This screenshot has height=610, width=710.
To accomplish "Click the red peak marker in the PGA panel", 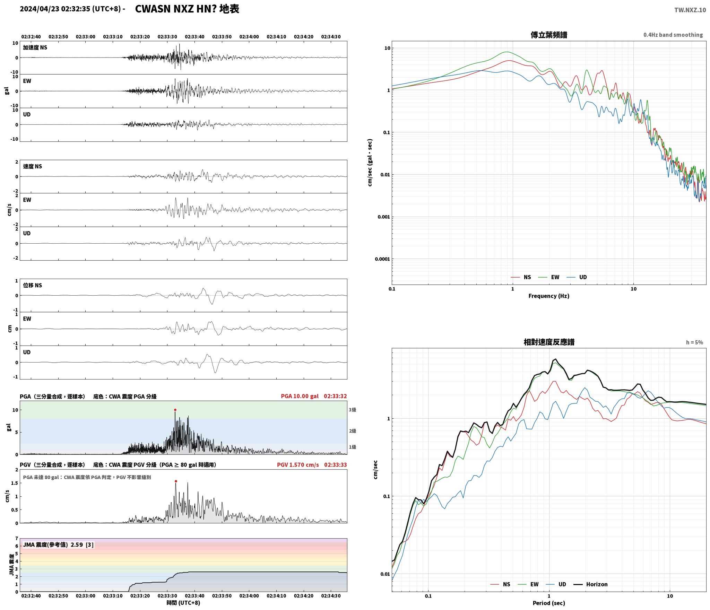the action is click(175, 410).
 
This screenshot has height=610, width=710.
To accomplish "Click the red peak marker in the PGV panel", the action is click(176, 481).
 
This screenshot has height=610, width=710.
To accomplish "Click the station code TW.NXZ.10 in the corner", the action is click(690, 10).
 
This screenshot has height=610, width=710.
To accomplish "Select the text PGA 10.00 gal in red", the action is click(300, 396).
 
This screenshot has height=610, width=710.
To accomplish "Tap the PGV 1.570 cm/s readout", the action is click(298, 465).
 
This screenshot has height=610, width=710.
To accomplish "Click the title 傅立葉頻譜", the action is click(549, 35).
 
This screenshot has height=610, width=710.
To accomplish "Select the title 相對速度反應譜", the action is click(549, 342).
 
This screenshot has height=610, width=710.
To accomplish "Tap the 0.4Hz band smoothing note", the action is click(673, 35).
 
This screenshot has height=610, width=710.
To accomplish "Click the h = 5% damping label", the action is click(694, 342).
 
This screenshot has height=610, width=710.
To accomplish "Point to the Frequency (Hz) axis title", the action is click(549, 296).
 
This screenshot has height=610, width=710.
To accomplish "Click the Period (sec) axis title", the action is click(549, 603).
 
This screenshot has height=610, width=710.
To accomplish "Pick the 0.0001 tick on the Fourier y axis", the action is click(382, 259).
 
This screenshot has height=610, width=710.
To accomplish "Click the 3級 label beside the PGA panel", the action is click(352, 410).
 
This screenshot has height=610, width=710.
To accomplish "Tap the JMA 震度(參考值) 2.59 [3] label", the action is click(58, 545).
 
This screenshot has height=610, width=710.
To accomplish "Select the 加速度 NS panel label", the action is click(35, 47).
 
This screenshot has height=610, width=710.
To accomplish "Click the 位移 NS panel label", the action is click(33, 285).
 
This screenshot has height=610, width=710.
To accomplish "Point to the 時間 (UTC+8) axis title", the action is click(183, 603).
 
